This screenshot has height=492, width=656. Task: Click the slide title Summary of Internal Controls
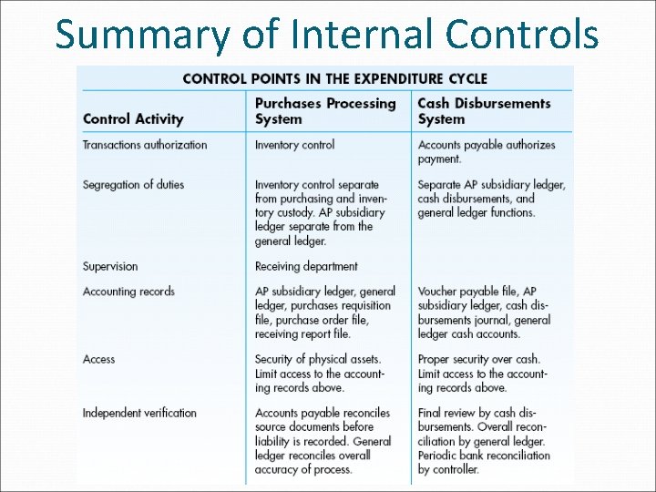[x=327, y=34]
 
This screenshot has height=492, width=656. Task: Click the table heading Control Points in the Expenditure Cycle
[x=334, y=78]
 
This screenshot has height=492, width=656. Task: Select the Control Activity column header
[x=133, y=118]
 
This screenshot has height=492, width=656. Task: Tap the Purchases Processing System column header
[x=325, y=111]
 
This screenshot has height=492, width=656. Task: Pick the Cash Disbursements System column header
[x=484, y=111]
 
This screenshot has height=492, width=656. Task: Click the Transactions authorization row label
[x=145, y=145]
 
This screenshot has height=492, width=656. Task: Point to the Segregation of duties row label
[x=133, y=185]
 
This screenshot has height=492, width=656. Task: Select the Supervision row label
[x=110, y=267]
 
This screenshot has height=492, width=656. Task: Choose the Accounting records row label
[x=128, y=292]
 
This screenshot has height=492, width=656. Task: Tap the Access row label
[x=99, y=359]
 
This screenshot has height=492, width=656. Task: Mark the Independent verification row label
[x=139, y=413]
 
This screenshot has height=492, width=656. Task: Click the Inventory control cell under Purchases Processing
[x=294, y=145]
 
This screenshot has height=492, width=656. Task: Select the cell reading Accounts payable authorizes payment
[x=487, y=151]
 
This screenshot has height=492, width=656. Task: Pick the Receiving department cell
[x=306, y=267]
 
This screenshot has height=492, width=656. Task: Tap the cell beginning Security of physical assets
[x=320, y=374]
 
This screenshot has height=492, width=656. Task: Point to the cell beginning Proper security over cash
[x=483, y=374]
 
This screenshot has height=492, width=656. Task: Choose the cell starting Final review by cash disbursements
[x=485, y=441]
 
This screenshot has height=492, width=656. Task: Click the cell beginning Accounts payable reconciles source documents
[x=323, y=441]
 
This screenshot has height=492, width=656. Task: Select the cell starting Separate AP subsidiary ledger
[x=491, y=199]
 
